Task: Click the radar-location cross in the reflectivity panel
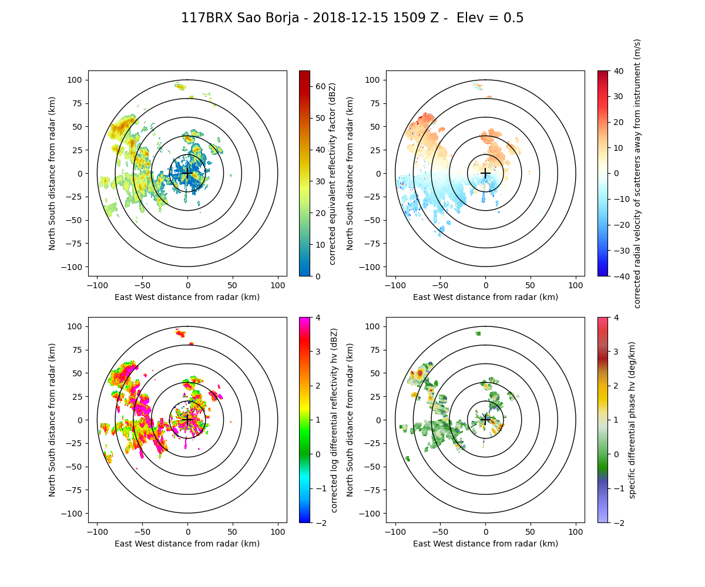(x=187, y=173)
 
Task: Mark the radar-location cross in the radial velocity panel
(x=485, y=173)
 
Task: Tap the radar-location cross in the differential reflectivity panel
(x=187, y=420)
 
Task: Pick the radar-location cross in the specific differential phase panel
(x=485, y=420)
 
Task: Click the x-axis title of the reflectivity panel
(x=187, y=297)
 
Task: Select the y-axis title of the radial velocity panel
(x=350, y=173)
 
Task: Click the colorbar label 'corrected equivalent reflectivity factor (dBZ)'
(x=332, y=173)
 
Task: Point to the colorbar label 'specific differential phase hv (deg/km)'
(x=632, y=420)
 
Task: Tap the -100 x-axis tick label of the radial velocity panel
(x=395, y=285)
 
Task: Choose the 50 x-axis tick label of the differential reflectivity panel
(x=232, y=532)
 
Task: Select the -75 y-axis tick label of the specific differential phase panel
(x=374, y=490)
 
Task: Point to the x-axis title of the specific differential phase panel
(x=485, y=544)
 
